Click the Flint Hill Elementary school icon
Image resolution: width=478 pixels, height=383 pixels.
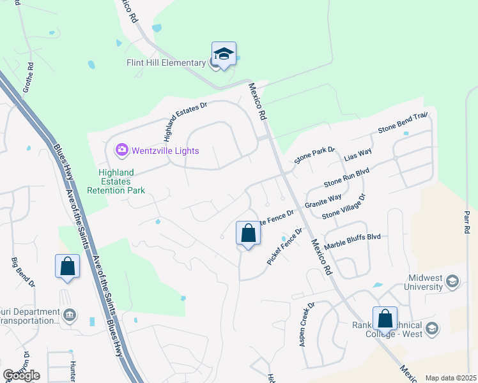[x=224, y=55]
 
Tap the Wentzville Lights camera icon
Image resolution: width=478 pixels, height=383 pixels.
[x=121, y=151]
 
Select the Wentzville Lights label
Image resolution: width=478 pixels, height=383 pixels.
[x=166, y=151]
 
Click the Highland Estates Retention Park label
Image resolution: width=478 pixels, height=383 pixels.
[x=121, y=181]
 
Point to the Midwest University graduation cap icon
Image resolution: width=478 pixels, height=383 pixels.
[x=452, y=281]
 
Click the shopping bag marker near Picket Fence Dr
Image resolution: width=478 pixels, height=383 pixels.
[x=249, y=234]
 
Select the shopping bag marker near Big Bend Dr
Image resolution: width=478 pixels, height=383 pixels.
[x=67, y=266]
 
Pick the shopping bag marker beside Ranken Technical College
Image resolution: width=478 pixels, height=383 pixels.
[x=385, y=318]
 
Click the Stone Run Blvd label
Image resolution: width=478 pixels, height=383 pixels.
[x=346, y=176]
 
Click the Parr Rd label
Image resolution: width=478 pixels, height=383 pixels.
[x=468, y=221]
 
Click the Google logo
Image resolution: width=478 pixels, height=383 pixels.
[x=21, y=375]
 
